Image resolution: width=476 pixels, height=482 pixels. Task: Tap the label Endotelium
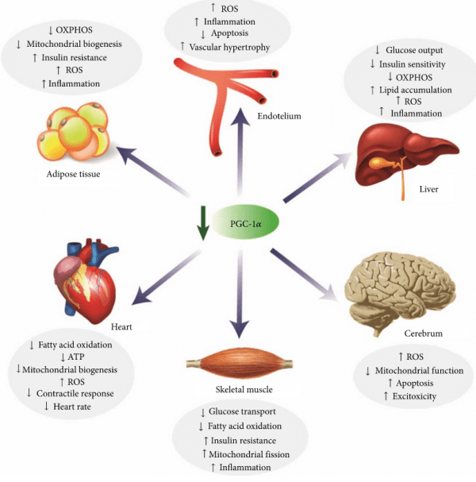tap(278, 116)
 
